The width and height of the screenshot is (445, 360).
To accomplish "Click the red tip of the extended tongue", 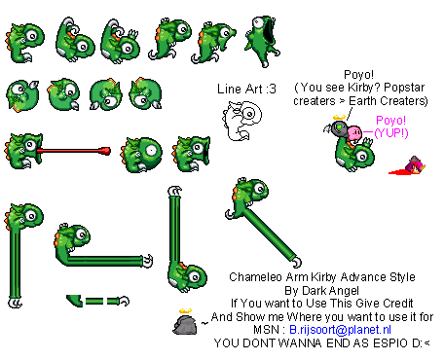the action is (105, 151).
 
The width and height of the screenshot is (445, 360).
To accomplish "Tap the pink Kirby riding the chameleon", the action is (354, 133).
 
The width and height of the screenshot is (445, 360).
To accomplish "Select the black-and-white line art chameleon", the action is (241, 121).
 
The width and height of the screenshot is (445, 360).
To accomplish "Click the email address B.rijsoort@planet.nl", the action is (340, 330).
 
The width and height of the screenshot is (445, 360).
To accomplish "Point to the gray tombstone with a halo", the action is (185, 324).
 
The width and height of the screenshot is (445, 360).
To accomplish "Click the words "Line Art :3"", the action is (246, 89).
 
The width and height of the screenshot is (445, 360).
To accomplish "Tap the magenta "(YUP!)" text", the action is (391, 132).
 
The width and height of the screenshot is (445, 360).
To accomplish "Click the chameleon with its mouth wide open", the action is (262, 41).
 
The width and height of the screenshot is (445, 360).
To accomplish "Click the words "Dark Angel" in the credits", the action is (330, 290).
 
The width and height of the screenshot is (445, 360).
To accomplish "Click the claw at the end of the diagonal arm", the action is (296, 262).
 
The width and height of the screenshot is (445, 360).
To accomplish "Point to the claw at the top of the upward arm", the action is (175, 191).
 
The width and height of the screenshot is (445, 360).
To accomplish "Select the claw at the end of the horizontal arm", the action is (148, 261).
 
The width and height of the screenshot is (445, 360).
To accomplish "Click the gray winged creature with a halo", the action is (336, 128).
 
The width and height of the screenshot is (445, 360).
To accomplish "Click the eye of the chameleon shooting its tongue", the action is (30, 145).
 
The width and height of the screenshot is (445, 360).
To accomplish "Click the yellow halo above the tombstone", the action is (185, 310).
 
